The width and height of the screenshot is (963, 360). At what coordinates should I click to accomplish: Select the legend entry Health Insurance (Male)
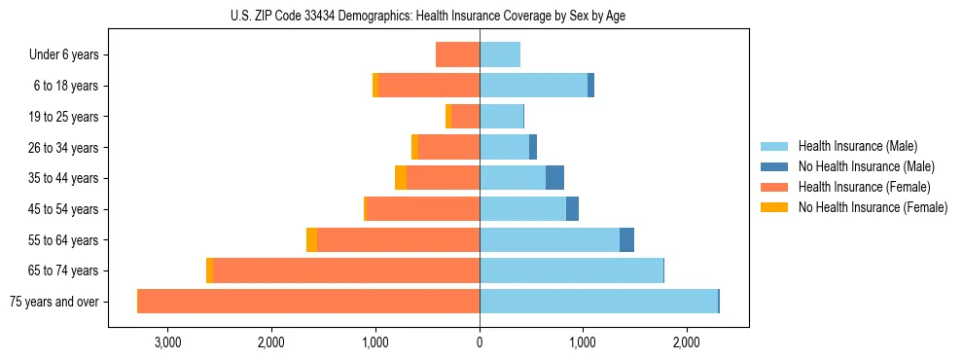tap(857, 147)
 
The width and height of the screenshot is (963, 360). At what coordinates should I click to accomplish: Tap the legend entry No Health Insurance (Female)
tap(872, 207)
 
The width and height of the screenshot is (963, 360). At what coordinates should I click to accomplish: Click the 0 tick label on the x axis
tap(480, 342)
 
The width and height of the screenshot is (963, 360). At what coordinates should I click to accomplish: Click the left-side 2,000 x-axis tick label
tap(271, 342)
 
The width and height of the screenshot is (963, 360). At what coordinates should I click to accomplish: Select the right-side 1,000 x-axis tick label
tap(583, 342)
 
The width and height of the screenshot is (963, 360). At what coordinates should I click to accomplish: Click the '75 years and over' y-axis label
tap(54, 302)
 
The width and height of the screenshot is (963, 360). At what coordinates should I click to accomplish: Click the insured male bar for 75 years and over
tap(598, 302)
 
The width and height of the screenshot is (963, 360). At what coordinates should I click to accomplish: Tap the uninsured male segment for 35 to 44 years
tap(554, 178)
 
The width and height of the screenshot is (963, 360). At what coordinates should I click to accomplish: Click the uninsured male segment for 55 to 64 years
tap(626, 239)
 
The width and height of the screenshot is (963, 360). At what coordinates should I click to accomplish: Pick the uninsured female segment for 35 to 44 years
tap(401, 178)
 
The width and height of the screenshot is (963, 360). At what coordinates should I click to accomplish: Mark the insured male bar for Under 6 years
tap(500, 54)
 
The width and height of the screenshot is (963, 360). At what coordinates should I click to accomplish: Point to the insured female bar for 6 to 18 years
tap(429, 86)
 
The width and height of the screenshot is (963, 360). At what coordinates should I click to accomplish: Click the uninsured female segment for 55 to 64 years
tap(311, 239)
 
